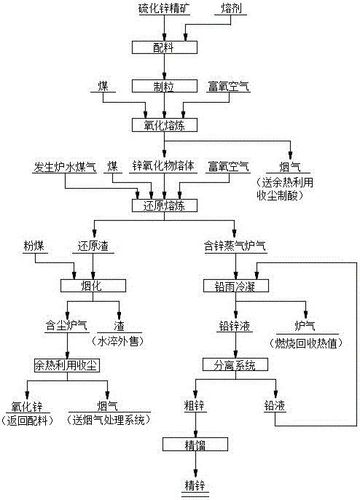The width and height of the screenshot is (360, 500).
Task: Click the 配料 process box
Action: pyautogui.click(x=164, y=47)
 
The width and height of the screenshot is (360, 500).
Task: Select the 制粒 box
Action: pyautogui.click(x=164, y=86)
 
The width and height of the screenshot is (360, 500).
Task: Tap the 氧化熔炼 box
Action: pyautogui.click(x=164, y=125)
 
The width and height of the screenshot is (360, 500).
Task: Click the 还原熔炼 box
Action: pyautogui.click(x=164, y=206)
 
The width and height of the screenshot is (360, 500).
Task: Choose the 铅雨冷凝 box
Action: pyautogui.click(x=236, y=286)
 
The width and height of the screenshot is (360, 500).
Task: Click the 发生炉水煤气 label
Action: pyautogui.click(x=65, y=166)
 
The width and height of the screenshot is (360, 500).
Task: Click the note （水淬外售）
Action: pyautogui.click(x=119, y=340)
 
